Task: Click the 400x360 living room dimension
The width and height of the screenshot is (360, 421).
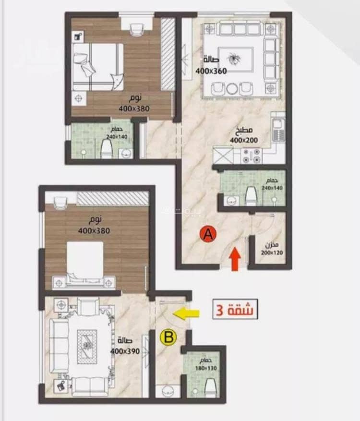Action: coord(211,71)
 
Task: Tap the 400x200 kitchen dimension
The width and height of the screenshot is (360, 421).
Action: coord(244,140)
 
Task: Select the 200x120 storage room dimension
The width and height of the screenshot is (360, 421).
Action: coord(270,253)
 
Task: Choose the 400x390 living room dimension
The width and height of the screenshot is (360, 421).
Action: coord(124,351)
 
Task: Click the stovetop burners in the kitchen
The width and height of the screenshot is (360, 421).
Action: coord(252,156)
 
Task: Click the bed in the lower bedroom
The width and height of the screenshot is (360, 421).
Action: coord(85,263)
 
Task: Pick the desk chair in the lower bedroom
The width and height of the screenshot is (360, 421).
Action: coord(60,204)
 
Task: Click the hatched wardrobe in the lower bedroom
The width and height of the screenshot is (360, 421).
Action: coord(113,198)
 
